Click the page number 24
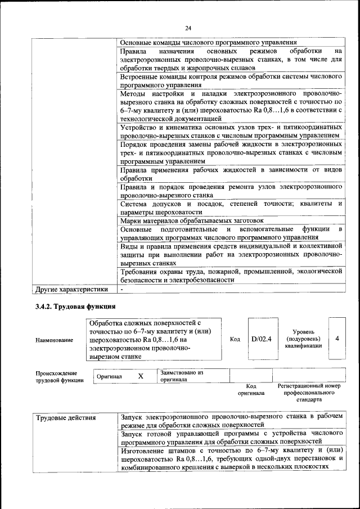188,28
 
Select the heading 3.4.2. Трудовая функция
72,307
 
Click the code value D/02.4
261,339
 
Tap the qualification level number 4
337,339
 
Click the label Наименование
54,340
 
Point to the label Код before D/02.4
235,339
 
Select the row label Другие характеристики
71,290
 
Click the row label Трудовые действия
66,418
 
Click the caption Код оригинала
251,390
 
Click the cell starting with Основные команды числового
209,43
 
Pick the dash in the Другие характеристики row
121,290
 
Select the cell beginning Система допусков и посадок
231,207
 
